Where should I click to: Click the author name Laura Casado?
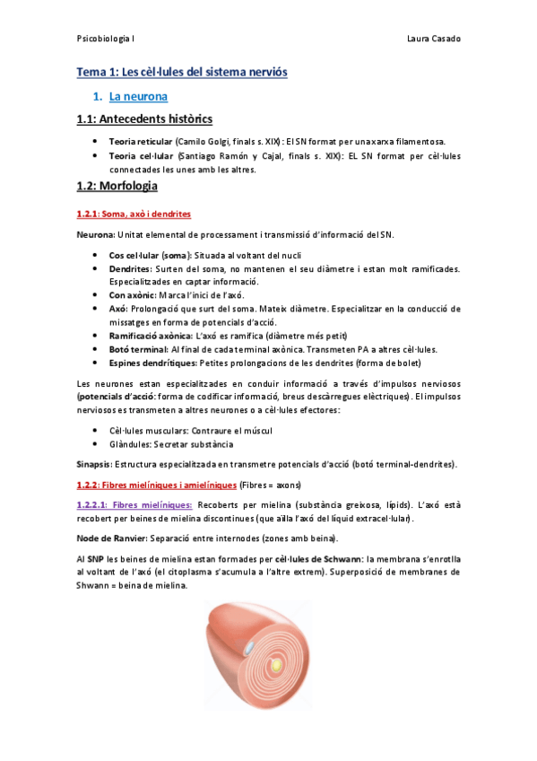[x=433, y=39]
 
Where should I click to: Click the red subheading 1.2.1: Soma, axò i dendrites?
[x=133, y=214]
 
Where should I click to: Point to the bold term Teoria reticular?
[x=140, y=143]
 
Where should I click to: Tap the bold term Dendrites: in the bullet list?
[x=131, y=269]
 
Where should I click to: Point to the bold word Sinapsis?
[x=94, y=464]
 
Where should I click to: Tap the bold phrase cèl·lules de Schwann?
[x=324, y=558]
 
